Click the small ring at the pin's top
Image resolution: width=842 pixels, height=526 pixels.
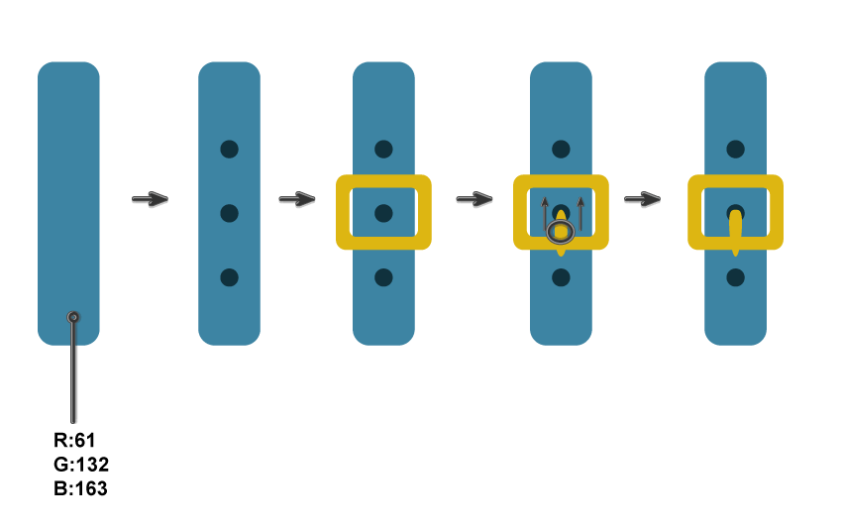73,317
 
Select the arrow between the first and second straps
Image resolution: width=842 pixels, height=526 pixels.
150,200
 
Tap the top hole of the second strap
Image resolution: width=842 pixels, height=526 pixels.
229,149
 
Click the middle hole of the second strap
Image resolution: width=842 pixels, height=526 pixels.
229,213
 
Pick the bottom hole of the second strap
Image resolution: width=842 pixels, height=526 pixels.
229,277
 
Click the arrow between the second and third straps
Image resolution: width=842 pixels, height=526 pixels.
296,200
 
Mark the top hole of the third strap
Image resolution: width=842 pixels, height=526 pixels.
383,149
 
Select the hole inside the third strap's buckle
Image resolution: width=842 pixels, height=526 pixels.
383,213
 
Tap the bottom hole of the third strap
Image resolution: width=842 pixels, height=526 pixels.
383,277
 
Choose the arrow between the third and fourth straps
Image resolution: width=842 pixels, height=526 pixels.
474,200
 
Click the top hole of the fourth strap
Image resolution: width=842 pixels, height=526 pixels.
561,149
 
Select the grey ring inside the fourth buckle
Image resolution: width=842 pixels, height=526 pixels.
561,232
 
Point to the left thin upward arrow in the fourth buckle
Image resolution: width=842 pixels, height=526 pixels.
545,214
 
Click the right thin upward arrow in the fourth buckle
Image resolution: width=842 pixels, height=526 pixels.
580,214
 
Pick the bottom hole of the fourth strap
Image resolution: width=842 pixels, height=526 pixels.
561,277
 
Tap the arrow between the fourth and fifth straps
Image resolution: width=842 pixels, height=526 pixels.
642,200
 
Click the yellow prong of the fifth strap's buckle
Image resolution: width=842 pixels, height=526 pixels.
735,234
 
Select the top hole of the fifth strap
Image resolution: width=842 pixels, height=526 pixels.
735,149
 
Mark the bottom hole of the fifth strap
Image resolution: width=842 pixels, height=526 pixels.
735,277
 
